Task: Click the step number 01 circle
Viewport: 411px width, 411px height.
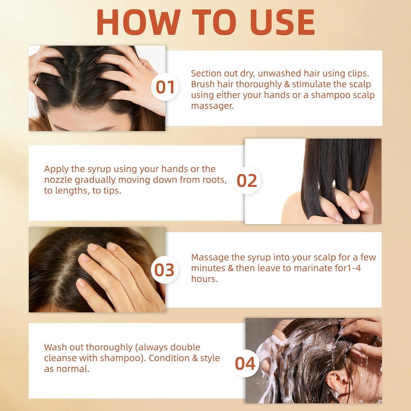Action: pos(165,87)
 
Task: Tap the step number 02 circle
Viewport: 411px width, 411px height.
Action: pos(247,181)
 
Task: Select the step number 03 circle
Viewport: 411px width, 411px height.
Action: pos(165,270)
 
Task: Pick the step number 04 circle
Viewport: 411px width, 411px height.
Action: pos(245,364)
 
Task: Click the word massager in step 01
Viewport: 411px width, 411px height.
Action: pos(212,106)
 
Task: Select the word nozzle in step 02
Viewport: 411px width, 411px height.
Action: pos(58,180)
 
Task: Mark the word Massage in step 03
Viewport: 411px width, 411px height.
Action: pos(210,257)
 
